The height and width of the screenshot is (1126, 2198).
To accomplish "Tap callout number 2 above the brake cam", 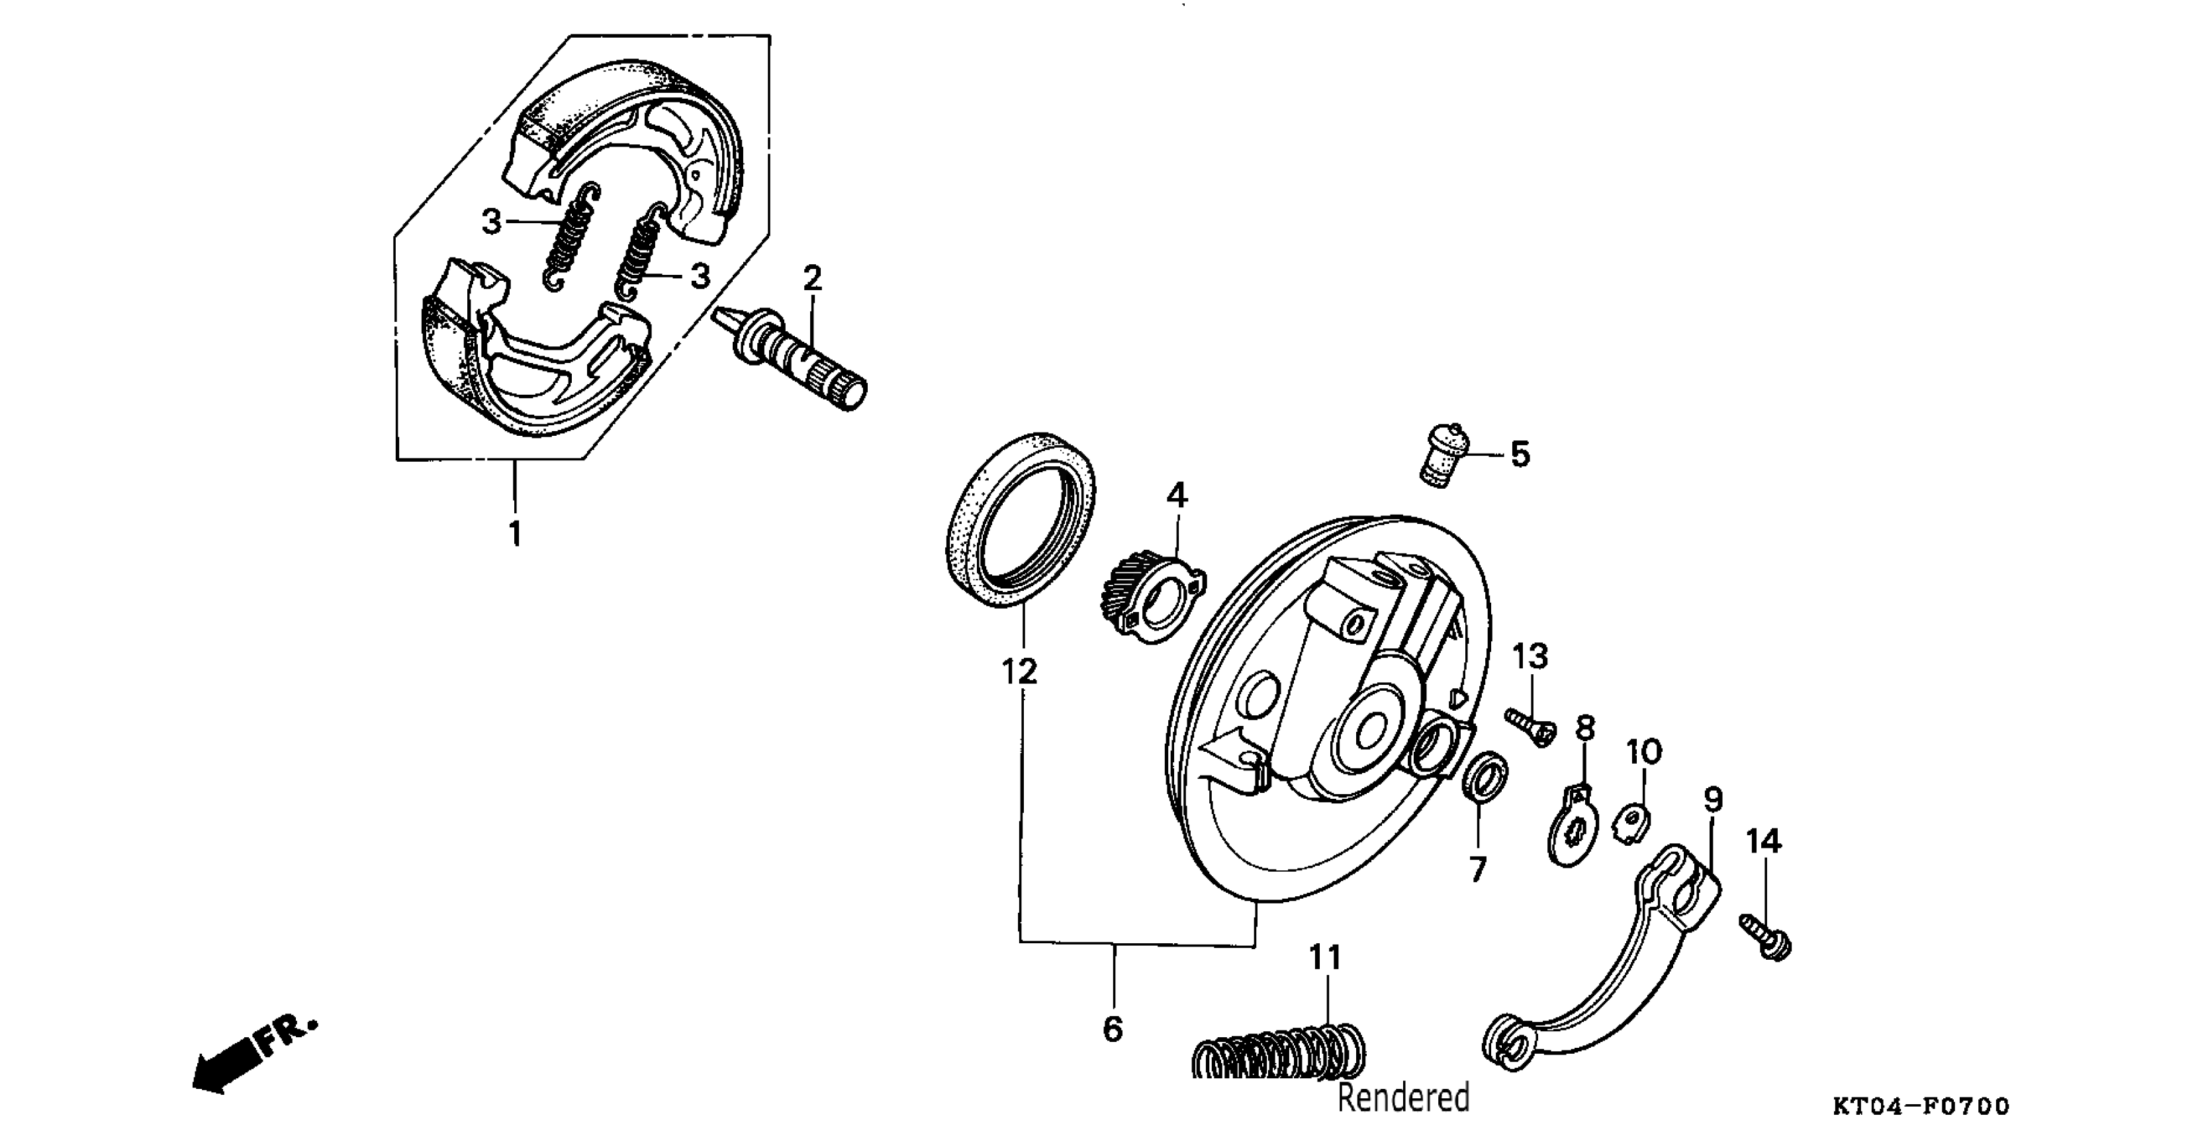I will point(811,278).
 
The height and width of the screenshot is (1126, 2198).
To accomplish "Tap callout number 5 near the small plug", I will point(1520,454).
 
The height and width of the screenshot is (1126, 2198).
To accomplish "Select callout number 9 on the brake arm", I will point(1712,800).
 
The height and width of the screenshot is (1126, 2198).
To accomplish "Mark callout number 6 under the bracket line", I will point(1113,1029).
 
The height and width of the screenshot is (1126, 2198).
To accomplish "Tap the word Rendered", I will point(1402,1097).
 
